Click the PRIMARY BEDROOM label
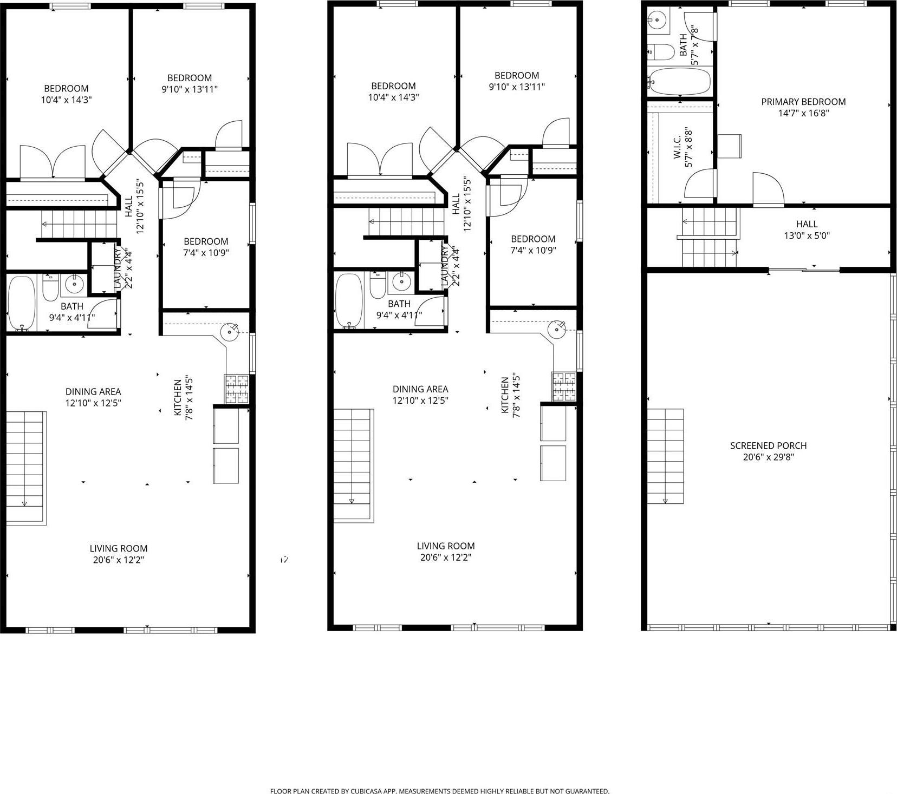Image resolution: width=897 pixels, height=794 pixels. (803, 102)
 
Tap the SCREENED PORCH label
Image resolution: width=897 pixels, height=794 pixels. (768, 445)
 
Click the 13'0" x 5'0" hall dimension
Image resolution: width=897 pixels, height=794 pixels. (807, 236)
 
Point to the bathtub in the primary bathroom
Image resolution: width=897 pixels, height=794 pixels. (679, 82)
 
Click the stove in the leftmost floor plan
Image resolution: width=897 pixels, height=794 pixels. (237, 389)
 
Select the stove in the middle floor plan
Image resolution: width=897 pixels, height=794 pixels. (564, 386)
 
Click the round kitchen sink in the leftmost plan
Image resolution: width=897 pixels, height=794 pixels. (230, 331)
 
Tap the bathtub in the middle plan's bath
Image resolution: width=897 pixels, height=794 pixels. (349, 301)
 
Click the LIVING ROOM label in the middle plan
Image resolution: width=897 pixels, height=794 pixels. (445, 546)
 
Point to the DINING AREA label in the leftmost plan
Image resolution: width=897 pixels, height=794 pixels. (93, 391)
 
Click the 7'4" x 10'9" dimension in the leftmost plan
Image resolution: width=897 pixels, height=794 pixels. (206, 253)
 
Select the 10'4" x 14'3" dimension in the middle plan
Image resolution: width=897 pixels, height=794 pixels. (393, 97)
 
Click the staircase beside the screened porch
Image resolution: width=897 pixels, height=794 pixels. (666, 456)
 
